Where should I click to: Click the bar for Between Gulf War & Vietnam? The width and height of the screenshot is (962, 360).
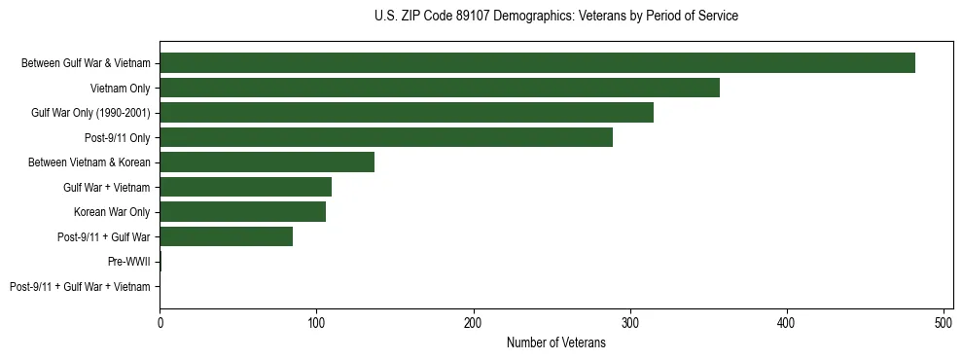[x=537, y=63]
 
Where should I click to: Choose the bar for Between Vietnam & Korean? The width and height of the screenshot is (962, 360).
[x=267, y=162]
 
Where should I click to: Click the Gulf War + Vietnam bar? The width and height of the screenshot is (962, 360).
[x=245, y=187]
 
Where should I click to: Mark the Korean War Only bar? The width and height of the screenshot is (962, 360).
[x=242, y=212]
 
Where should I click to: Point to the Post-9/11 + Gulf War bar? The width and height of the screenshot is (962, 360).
[x=226, y=236]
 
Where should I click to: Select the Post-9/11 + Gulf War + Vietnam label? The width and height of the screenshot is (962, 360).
[x=80, y=287]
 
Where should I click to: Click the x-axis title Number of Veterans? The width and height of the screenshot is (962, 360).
[x=555, y=342]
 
